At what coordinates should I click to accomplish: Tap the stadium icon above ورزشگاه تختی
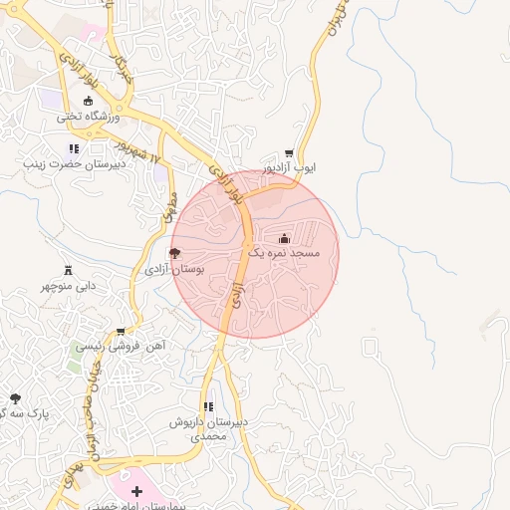coord(88,101)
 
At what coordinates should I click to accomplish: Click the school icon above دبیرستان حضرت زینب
coord(74,148)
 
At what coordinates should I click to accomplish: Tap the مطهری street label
coord(168,207)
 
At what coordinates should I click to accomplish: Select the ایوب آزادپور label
coord(289,169)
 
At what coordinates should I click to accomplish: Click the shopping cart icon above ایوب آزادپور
coord(289,154)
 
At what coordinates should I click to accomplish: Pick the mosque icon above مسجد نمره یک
coord(285,238)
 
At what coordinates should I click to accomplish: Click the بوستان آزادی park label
coord(174,269)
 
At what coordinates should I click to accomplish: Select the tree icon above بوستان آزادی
coord(175,253)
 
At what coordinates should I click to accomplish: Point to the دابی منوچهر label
coord(69,285)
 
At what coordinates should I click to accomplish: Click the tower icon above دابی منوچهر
coord(69,269)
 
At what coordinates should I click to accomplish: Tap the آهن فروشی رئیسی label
coord(121,347)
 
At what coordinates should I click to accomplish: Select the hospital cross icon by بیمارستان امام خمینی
coord(136,491)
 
